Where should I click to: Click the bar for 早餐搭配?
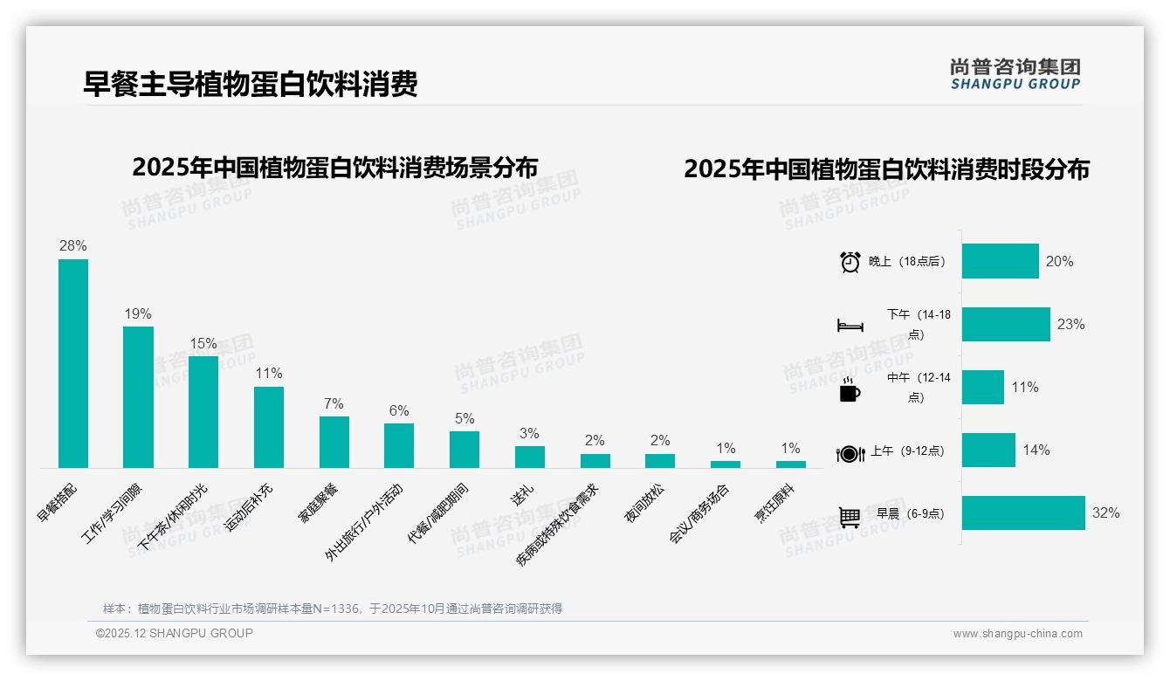(73, 363)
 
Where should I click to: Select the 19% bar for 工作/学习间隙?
(138, 397)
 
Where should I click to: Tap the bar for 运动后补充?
(269, 427)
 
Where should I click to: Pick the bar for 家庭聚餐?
(334, 442)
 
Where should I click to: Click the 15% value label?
(203, 343)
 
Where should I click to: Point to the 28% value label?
(73, 246)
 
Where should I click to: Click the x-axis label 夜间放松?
(644, 503)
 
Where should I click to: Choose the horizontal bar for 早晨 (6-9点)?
(1023, 513)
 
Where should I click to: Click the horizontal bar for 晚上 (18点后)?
(1001, 261)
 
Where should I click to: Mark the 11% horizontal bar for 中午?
(983, 387)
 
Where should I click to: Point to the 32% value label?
(1105, 513)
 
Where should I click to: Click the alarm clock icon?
(850, 262)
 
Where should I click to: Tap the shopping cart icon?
(850, 516)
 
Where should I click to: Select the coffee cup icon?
(850, 389)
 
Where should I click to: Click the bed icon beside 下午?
(850, 326)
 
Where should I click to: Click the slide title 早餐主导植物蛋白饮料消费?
(251, 84)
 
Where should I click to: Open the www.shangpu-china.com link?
(1017, 634)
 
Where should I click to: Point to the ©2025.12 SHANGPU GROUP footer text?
(175, 633)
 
